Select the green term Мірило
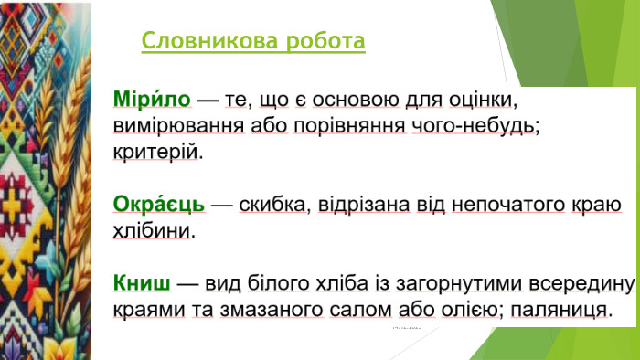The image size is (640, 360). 152,99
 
